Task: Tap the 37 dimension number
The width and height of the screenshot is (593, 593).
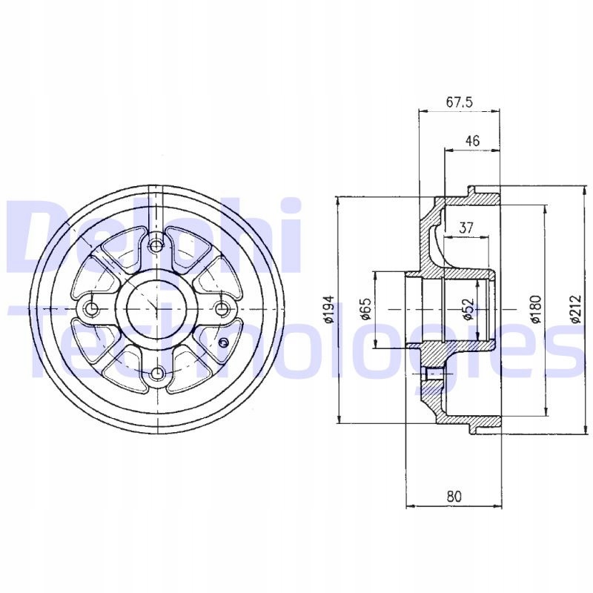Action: click(466, 228)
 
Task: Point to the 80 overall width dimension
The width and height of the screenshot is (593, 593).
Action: click(454, 497)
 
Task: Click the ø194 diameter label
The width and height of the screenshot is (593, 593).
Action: click(330, 309)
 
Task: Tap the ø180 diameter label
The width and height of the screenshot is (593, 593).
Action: click(537, 309)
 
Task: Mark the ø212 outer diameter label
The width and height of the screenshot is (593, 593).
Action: click(574, 309)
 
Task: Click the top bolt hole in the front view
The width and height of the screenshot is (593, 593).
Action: click(156, 245)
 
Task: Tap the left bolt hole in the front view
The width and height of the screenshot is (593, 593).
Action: click(92, 308)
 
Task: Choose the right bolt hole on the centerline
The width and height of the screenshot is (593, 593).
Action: click(220, 308)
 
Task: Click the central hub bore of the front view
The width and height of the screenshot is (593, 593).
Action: click(156, 308)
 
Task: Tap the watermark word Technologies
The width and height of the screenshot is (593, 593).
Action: click(296, 345)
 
